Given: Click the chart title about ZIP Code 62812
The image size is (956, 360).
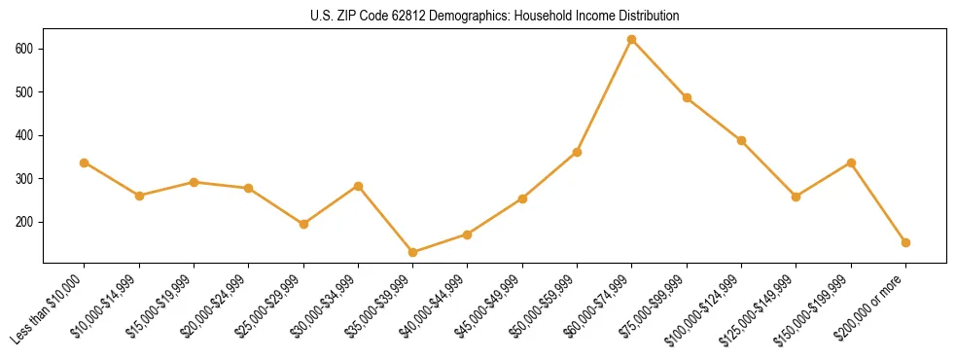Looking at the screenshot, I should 478,16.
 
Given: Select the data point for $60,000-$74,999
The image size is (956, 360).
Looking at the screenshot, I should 632,40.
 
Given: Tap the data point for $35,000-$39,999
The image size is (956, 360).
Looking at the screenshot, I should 413,252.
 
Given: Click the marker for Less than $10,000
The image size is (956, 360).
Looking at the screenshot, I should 85,162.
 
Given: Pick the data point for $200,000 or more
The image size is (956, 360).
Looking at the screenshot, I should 905,242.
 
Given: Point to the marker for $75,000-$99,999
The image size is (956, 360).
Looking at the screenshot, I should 687,97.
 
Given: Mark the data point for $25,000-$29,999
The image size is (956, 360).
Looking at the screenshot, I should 303,224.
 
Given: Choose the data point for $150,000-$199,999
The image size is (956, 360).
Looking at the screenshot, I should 851,162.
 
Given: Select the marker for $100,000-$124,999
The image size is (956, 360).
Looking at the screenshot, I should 741,140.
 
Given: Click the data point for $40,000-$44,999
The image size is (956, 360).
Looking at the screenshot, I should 468,234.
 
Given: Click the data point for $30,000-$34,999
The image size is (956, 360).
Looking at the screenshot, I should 359,186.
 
